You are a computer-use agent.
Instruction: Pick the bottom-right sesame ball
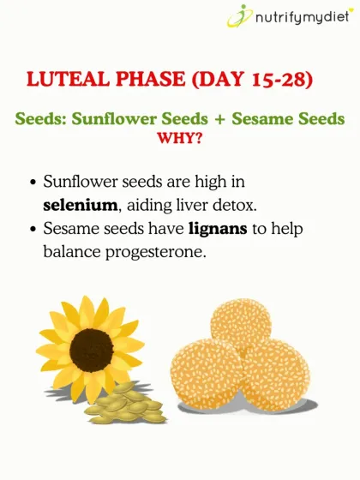[272, 375]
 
